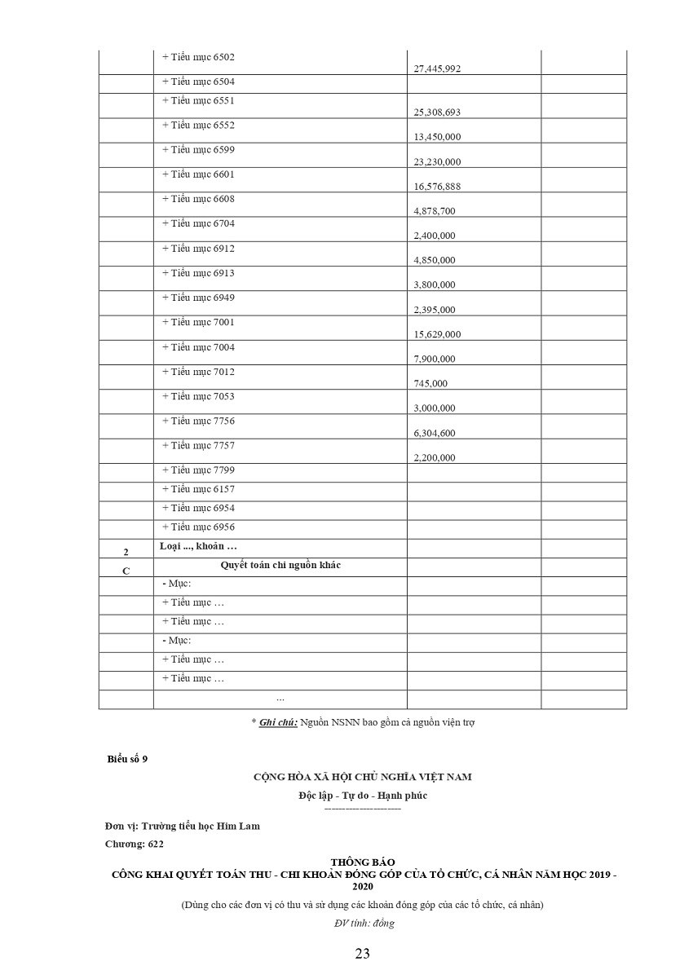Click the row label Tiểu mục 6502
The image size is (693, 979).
point(198,57)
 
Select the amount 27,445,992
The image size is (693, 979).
point(437,69)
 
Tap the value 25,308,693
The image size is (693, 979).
point(437,112)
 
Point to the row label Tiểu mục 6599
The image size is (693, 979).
point(198,149)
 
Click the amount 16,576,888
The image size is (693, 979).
point(437,187)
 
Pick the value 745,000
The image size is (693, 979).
point(430,383)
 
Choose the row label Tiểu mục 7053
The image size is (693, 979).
point(198,396)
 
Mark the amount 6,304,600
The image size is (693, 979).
point(435,433)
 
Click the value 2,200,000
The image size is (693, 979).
point(435,457)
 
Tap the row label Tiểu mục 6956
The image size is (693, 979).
point(198,527)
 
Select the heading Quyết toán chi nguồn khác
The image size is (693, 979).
point(280,565)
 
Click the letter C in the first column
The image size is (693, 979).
point(126,571)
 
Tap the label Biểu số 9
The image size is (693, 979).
point(127,759)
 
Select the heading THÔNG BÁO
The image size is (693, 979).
point(363,862)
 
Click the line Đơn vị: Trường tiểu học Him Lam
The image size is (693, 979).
point(183,826)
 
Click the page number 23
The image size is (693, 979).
point(363,954)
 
